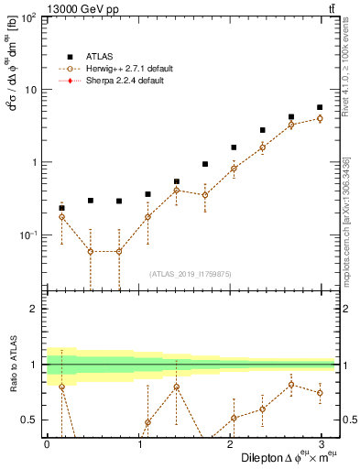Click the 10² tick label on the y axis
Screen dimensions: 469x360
tap(28, 18)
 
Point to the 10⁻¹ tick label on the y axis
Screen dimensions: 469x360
tap(28, 235)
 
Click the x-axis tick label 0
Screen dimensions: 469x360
tap(47, 444)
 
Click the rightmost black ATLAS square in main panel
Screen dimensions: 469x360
tap(319, 107)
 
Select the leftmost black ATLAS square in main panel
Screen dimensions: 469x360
tap(61, 208)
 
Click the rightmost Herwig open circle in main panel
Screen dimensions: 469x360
tap(319, 118)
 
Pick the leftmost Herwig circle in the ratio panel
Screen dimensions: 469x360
tap(61, 387)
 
